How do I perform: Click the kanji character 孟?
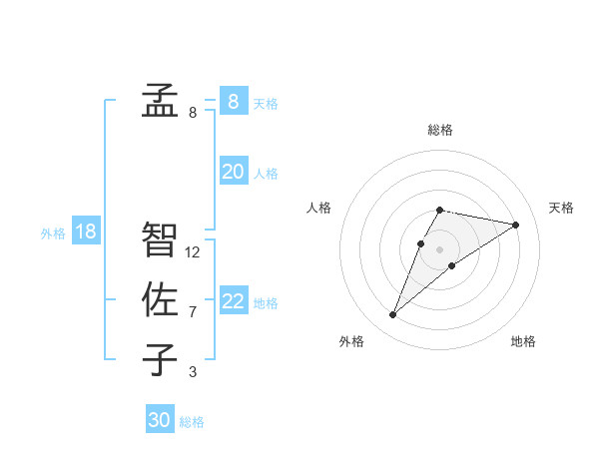tap(159, 102)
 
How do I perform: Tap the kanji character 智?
tap(159, 240)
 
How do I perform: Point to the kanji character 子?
tap(159, 360)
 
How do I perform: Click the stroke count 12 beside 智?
tap(193, 252)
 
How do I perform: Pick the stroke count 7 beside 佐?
tap(193, 312)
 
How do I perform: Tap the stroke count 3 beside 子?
tap(193, 372)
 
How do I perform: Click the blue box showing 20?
tap(233, 172)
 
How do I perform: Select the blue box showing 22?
tap(233, 301)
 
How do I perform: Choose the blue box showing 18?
tap(86, 232)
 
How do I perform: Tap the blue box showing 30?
tap(160, 420)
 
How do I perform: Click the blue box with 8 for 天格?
tap(233, 101)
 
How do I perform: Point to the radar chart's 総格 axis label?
tap(439, 130)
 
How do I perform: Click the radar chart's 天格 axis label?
tap(561, 208)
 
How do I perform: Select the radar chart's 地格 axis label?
tap(523, 341)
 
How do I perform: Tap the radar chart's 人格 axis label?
tap(318, 208)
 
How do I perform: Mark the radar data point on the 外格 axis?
tap(393, 315)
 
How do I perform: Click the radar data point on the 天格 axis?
tap(515, 225)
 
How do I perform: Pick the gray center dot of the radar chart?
tap(439, 249)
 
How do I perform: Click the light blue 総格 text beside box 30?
tap(192, 422)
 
